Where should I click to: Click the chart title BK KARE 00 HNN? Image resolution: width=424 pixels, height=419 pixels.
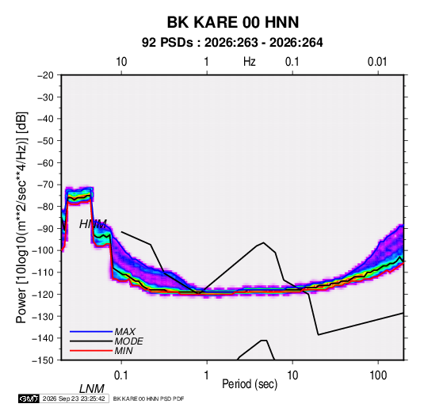[x=233, y=22]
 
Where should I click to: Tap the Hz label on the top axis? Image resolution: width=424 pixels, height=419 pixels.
[x=250, y=62]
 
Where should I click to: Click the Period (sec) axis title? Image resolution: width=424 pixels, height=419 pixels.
[x=250, y=384]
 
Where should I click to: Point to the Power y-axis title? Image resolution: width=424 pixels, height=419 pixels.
[x=21, y=218]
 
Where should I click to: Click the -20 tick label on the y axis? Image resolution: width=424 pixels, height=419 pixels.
[x=45, y=75]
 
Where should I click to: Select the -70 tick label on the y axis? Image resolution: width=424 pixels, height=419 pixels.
[x=45, y=185]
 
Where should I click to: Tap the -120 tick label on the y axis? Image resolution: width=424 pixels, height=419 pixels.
[x=43, y=295]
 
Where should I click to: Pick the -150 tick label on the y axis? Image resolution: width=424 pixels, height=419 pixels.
[x=43, y=360]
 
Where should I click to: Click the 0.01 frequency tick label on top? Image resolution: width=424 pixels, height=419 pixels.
[x=377, y=62]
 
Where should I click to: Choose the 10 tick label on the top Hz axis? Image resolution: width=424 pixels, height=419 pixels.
[x=121, y=62]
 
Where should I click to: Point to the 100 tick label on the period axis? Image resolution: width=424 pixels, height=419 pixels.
[x=378, y=375]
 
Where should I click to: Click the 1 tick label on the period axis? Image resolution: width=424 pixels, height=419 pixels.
[x=207, y=375]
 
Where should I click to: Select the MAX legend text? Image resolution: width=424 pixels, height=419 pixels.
[x=125, y=332]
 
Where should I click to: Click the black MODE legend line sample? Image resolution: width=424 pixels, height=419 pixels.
[x=91, y=341]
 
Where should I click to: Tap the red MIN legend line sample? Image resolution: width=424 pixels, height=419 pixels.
[x=91, y=351]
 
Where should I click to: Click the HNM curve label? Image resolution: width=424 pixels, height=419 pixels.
[x=93, y=224]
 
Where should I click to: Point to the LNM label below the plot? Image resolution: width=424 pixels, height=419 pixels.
[x=92, y=389]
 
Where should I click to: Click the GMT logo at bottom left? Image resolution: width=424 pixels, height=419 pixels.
[x=29, y=398]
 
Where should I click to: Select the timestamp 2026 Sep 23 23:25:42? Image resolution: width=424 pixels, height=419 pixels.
[x=74, y=398]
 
